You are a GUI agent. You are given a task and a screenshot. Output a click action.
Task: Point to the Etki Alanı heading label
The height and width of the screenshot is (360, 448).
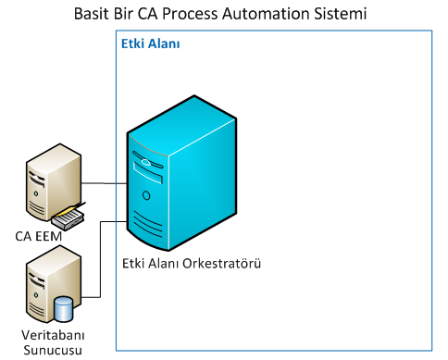click(151, 43)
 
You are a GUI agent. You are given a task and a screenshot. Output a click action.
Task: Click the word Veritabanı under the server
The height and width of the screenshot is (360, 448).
click(52, 334)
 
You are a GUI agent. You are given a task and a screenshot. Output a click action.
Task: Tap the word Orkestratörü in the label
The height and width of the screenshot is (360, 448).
click(226, 264)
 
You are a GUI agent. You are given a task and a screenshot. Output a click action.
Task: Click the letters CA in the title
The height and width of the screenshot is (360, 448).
click(145, 15)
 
